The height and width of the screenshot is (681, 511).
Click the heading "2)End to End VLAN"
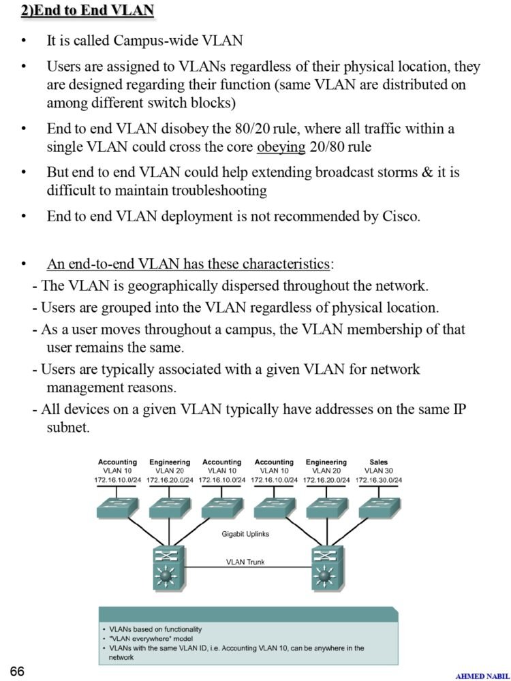pyautogui.click(x=87, y=10)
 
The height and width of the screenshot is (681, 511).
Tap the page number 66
pyautogui.click(x=17, y=671)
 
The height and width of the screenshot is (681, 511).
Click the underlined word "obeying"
pyautogui.click(x=281, y=147)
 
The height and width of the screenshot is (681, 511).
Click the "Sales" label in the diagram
pyautogui.click(x=378, y=462)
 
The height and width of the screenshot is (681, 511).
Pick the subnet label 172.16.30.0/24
pyautogui.click(x=378, y=480)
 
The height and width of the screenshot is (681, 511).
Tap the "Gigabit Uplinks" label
pyautogui.click(x=245, y=534)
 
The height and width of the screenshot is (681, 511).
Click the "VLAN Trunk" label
pyautogui.click(x=245, y=562)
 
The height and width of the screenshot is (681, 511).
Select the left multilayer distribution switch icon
pyautogui.click(x=169, y=567)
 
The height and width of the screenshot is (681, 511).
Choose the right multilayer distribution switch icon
pyautogui.click(x=328, y=567)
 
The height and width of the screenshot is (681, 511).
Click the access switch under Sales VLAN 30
pyautogui.click(x=380, y=507)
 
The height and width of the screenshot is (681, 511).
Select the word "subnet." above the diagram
pyautogui.click(x=67, y=428)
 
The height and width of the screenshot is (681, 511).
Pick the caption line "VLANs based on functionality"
pyautogui.click(x=155, y=629)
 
